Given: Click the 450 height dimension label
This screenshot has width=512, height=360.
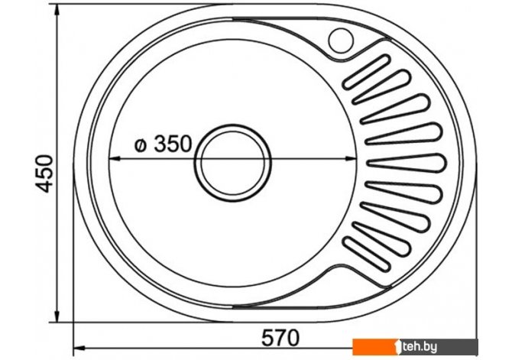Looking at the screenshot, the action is click(44, 174).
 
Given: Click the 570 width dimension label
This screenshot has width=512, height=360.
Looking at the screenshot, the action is click(280, 338).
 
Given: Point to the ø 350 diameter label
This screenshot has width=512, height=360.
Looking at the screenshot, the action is click(164, 144).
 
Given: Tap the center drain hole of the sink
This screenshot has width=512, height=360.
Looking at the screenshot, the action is click(233, 163).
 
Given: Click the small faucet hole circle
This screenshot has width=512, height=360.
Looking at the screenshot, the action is click(341, 41).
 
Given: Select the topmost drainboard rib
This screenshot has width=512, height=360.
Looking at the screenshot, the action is click(366, 72).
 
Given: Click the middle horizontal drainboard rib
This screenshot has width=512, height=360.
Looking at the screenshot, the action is click(406, 163).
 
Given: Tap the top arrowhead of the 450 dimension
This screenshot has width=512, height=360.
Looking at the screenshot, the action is click(57, 11).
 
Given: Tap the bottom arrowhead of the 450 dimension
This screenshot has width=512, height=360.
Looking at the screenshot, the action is click(57, 316).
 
